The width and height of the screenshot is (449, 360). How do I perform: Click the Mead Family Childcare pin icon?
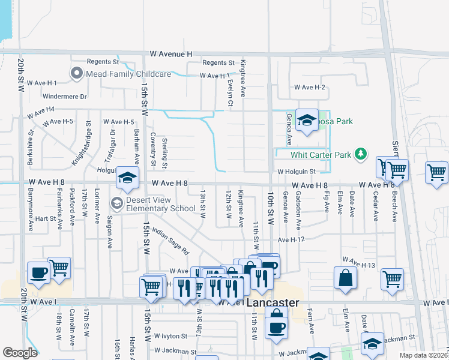(x=77, y=74)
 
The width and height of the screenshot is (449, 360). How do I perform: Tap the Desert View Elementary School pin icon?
(x=116, y=203)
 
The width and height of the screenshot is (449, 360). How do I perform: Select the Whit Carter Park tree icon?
(x=361, y=155)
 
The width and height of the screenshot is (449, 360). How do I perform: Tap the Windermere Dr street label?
(x=65, y=96)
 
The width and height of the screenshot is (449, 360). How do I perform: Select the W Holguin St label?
(x=297, y=172)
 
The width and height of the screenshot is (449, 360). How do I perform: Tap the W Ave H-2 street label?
(x=309, y=88)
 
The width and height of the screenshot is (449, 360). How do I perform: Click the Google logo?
(x=20, y=353)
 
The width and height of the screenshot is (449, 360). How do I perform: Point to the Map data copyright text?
(x=424, y=355)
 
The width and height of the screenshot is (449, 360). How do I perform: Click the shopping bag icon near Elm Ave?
(x=346, y=278)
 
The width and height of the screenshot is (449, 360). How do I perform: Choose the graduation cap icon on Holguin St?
(x=127, y=177)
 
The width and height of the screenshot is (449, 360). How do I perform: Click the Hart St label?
(x=46, y=219)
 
